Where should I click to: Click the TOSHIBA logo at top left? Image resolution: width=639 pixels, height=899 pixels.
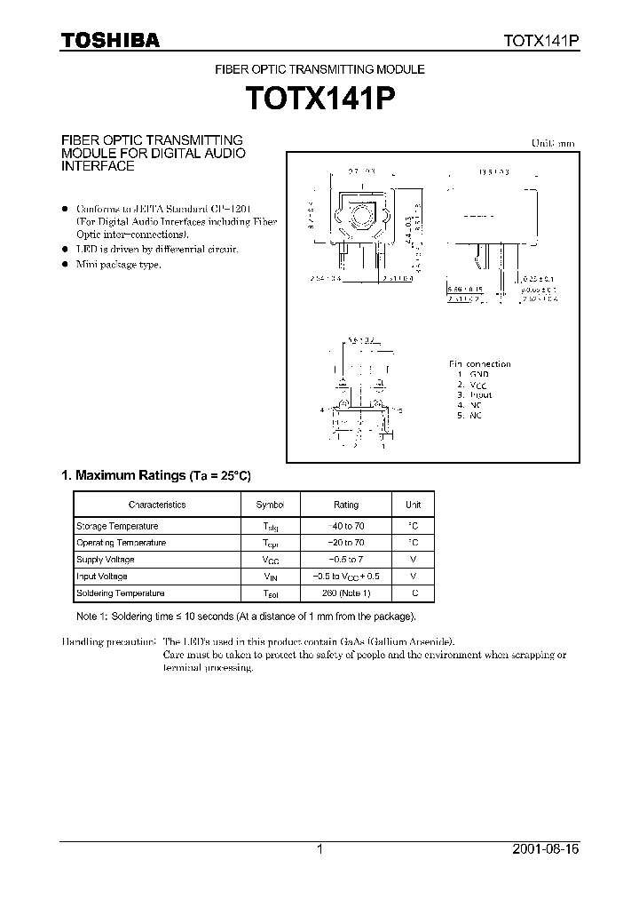pos(109,40)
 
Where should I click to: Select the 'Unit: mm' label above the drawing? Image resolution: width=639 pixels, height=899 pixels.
pos(553,143)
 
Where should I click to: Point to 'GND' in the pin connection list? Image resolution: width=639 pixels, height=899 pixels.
pos(479,375)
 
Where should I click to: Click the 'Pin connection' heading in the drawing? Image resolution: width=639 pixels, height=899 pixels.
pos(479,364)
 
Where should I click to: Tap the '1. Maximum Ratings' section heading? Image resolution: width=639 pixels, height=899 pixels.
pos(122,475)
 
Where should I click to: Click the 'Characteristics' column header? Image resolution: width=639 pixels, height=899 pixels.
pos(157,505)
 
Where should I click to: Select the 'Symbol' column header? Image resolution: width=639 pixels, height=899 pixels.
pos(271,505)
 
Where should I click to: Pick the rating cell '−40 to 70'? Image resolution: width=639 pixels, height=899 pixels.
pos(346,526)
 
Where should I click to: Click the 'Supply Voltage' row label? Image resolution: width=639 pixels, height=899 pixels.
pos(106,560)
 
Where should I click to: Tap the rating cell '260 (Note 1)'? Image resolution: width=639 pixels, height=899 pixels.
pos(346,593)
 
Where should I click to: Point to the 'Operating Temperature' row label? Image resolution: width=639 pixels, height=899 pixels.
pos(121,543)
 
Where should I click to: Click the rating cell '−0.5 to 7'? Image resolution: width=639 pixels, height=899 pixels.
pos(346,560)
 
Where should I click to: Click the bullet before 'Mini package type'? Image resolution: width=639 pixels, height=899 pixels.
pos(64,265)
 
